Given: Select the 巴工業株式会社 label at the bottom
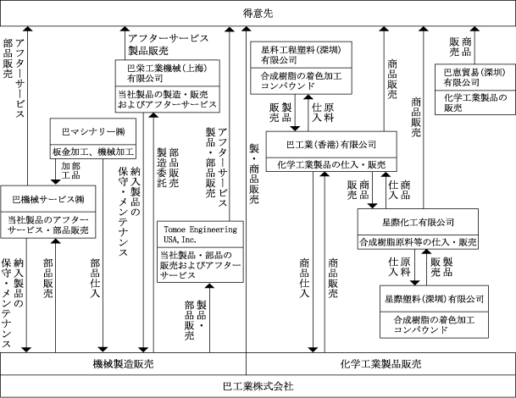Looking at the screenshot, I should (258, 386).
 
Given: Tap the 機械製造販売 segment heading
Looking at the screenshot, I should (124, 363).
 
